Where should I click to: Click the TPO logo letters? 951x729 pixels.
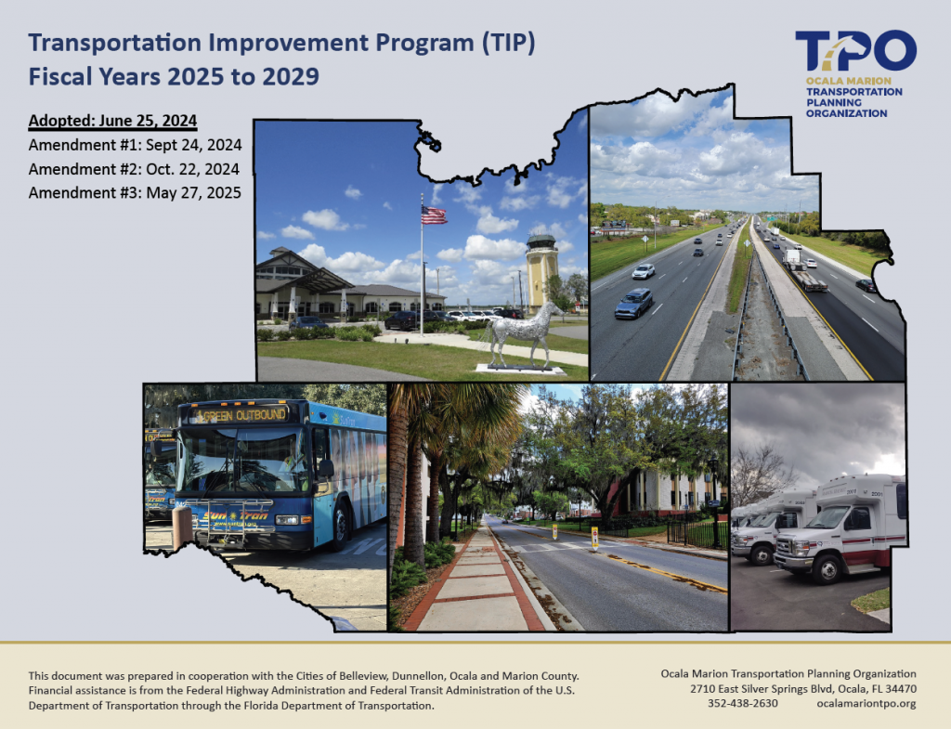click(x=855, y=50)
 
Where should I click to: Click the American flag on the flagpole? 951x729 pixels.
click(x=434, y=215)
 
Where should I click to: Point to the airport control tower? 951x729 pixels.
click(x=541, y=270)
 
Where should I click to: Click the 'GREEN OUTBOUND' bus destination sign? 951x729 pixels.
click(x=241, y=415)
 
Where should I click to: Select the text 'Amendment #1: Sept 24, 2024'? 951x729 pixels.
click(x=136, y=146)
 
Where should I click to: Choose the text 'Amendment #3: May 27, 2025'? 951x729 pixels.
click(x=136, y=193)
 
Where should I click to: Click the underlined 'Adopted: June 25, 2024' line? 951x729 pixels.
click(x=112, y=121)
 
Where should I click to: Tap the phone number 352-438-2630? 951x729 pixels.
click(x=742, y=704)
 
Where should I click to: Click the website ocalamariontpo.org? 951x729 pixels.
click(x=866, y=704)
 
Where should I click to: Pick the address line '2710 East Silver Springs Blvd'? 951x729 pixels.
click(x=763, y=689)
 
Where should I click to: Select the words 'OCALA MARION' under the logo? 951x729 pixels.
click(x=840, y=81)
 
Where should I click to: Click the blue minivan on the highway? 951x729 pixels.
click(x=633, y=304)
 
